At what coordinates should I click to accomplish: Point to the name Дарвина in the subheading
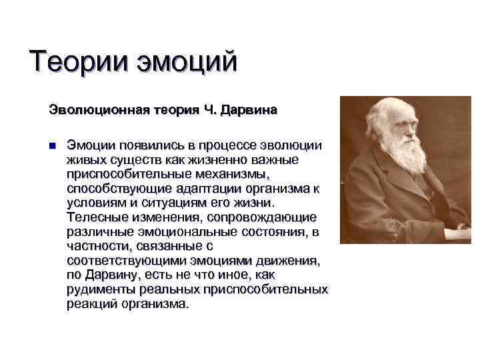coord(249,109)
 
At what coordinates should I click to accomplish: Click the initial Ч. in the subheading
coord(209,109)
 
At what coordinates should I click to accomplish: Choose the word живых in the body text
coord(85,160)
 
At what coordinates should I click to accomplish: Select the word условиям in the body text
coord(93,203)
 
